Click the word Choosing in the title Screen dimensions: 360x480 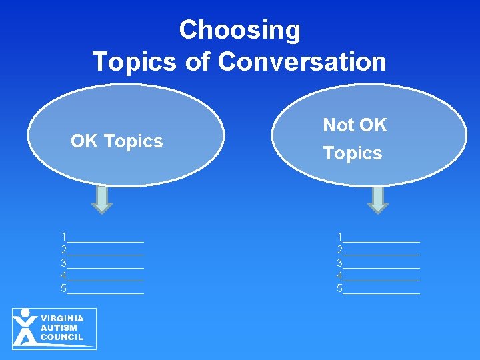pyautogui.click(x=239, y=30)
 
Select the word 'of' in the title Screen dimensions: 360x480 pyautogui.click(x=197, y=61)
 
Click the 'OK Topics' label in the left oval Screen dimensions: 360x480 pyautogui.click(x=117, y=141)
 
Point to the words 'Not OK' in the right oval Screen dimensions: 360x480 pyautogui.click(x=355, y=125)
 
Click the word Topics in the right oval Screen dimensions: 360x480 pyautogui.click(x=353, y=153)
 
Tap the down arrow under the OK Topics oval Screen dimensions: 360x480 pyautogui.click(x=102, y=199)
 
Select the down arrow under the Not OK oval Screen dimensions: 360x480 pyautogui.click(x=377, y=199)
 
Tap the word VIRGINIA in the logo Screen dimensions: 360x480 pyautogui.click(x=62, y=319)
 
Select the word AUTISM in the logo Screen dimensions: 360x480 pyautogui.click(x=59, y=328)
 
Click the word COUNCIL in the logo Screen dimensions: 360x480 pyautogui.click(x=62, y=337)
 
